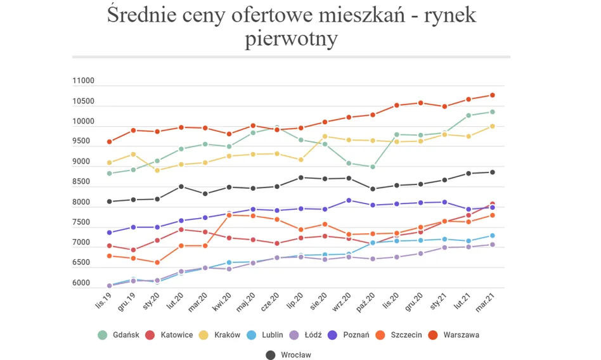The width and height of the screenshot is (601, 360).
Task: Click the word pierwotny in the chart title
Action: [291, 39]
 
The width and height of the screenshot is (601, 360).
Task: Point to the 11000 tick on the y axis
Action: [84, 81]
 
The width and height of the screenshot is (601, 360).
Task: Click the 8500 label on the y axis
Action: [84, 183]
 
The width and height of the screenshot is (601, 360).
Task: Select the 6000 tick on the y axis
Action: [84, 283]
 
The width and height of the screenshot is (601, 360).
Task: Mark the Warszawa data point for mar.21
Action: [492, 95]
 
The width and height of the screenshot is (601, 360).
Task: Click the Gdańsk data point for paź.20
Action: [373, 167]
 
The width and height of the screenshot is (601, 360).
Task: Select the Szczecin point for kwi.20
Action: [229, 215]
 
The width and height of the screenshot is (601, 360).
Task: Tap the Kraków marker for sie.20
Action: [325, 136]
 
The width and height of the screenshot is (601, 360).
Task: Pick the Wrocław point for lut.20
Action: [181, 186]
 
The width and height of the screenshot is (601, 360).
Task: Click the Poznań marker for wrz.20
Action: [349, 200]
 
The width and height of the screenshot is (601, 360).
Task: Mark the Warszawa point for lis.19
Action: [109, 142]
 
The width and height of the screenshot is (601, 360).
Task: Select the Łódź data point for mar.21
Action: [492, 245]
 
